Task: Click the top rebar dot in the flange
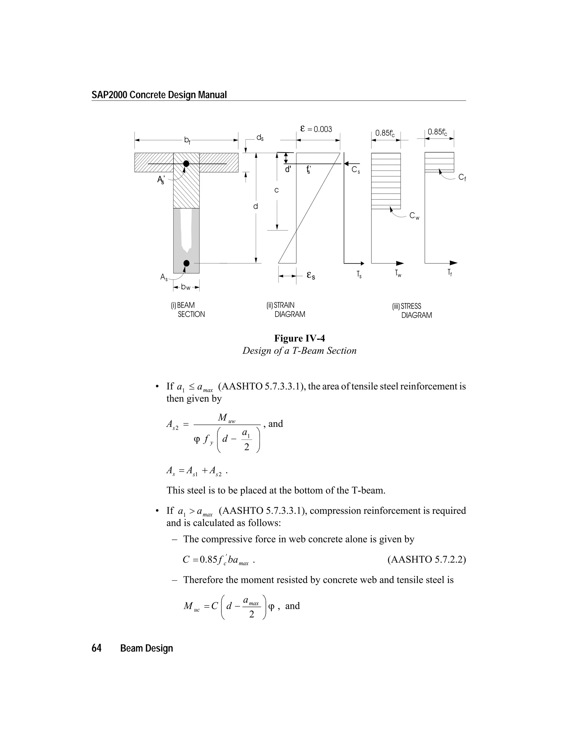[x=186, y=164]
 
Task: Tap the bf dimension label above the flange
[x=187, y=140]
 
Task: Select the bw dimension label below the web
[x=186, y=287]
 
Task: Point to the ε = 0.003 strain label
[x=316, y=129]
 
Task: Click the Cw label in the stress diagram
[x=415, y=216]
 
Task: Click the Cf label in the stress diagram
[x=462, y=177]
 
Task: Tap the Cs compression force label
[x=356, y=170]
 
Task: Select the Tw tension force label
[x=398, y=273]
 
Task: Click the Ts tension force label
[x=359, y=275]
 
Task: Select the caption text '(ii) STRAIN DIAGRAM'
[x=286, y=310]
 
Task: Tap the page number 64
[x=96, y=648]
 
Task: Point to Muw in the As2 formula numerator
[x=227, y=418]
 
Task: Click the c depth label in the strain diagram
[x=277, y=190]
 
